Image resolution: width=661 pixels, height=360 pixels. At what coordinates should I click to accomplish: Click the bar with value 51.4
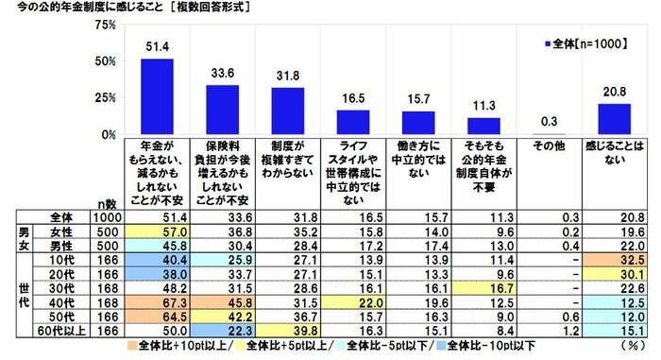pos(157,96)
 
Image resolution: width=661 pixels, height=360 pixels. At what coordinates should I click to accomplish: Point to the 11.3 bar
pos(484,126)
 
